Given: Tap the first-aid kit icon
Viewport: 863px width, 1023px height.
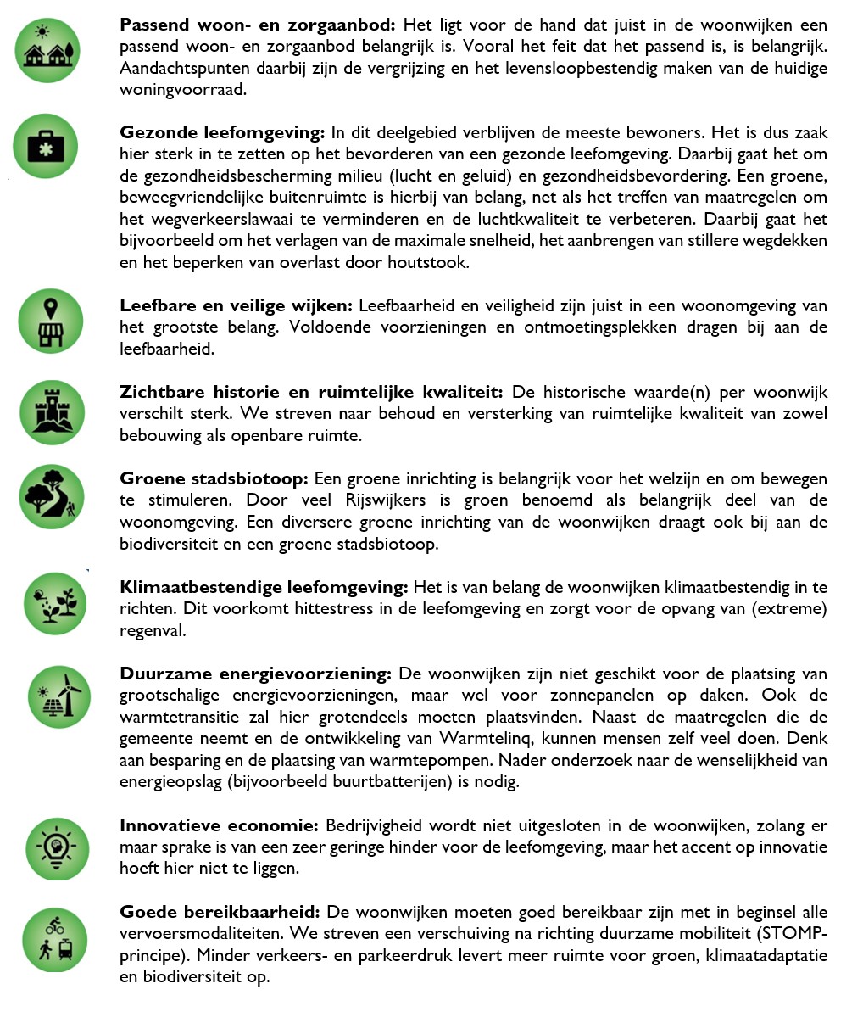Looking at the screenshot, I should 46,147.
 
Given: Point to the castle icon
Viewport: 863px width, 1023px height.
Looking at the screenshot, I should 53,412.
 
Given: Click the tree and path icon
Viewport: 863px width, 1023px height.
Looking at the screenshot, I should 53,496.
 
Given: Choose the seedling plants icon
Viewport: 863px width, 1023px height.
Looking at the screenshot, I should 56,603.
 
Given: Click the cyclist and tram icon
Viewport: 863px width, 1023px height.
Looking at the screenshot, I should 54,939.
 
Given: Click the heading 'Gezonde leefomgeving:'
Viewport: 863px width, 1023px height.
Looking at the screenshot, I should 222,132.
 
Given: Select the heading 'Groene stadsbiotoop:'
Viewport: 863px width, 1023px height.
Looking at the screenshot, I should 214,478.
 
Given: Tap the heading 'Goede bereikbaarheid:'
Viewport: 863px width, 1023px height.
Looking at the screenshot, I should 220,912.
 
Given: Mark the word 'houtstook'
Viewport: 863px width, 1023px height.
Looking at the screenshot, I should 427,263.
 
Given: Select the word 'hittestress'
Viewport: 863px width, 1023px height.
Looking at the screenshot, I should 336,609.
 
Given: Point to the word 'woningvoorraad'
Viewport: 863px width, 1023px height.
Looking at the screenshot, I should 181,89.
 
